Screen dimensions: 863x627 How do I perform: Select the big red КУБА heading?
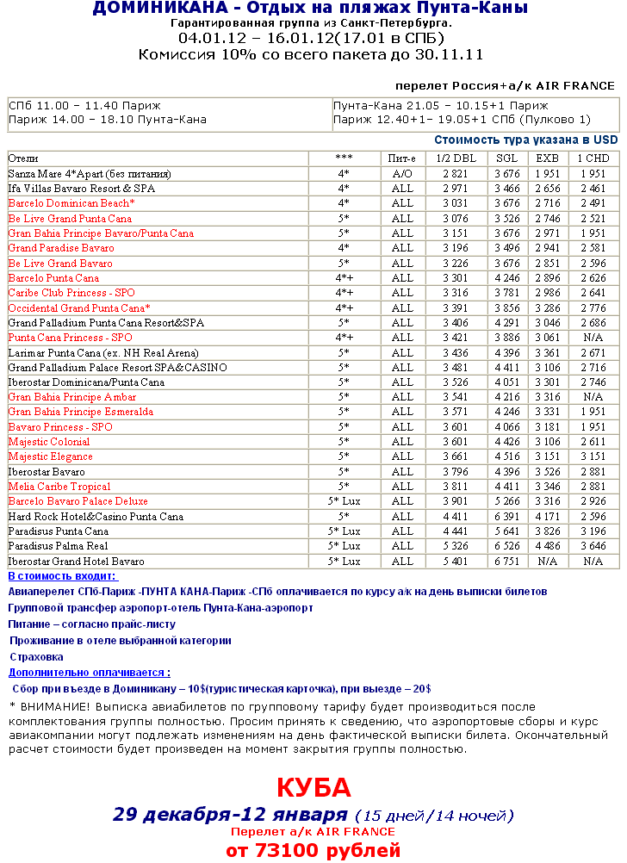pyautogui.click(x=313, y=788)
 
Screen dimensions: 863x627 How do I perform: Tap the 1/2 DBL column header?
pyautogui.click(x=456, y=158)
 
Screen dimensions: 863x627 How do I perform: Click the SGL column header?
pyautogui.click(x=506, y=158)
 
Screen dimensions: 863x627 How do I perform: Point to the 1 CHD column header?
pyautogui.click(x=593, y=158)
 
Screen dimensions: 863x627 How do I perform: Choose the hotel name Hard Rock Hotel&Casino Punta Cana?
pyautogui.click(x=96, y=517)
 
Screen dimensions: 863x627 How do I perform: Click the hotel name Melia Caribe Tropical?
pyautogui.click(x=59, y=487)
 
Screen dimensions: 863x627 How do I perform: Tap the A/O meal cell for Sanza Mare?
pyautogui.click(x=402, y=173)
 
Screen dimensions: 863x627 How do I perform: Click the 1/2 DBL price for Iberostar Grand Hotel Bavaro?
pyautogui.click(x=456, y=562)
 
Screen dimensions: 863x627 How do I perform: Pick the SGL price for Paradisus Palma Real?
pyautogui.click(x=506, y=546)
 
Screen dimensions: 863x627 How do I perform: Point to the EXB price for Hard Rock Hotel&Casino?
pyautogui.click(x=548, y=517)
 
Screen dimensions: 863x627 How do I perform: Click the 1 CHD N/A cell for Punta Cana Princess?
pyautogui.click(x=593, y=338)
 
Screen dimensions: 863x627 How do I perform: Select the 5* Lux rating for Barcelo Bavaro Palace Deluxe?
pyautogui.click(x=344, y=501)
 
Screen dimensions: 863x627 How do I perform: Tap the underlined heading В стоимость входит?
pyautogui.click(x=63, y=576)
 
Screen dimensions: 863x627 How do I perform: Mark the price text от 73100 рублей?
pyautogui.click(x=313, y=851)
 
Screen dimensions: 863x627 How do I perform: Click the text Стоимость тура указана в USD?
pyautogui.click(x=525, y=140)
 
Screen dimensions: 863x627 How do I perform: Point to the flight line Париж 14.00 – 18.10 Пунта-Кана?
pyautogui.click(x=108, y=120)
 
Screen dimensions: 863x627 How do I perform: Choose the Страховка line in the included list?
pyautogui.click(x=36, y=657)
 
